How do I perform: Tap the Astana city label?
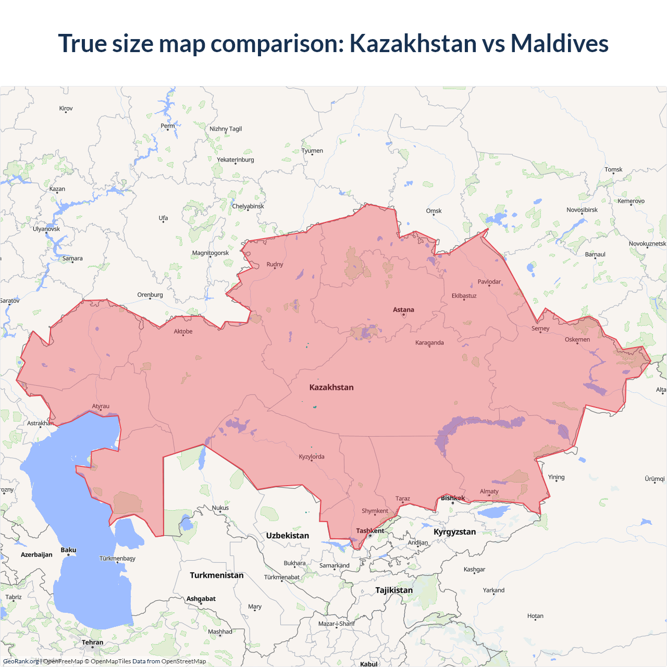tap(403, 310)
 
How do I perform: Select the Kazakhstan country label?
tap(331, 387)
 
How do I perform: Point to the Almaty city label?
tap(489, 491)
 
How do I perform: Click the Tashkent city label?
tap(370, 531)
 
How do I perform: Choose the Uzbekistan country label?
tap(287, 536)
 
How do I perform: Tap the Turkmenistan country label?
tap(216, 575)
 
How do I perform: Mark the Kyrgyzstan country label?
tap(454, 532)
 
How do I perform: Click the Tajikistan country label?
tap(394, 590)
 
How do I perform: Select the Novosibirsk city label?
tap(582, 210)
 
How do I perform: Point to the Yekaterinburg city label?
tap(236, 160)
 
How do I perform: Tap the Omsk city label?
tap(434, 211)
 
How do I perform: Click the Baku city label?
tap(68, 550)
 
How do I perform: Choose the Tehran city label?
tap(92, 643)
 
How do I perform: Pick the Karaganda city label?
tap(429, 343)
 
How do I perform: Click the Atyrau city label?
tap(101, 406)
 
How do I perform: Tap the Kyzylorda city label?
tap(312, 457)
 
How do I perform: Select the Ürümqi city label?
tap(654, 479)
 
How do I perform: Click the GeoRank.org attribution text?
tap(21, 661)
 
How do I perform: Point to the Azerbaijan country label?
tap(36, 555)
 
